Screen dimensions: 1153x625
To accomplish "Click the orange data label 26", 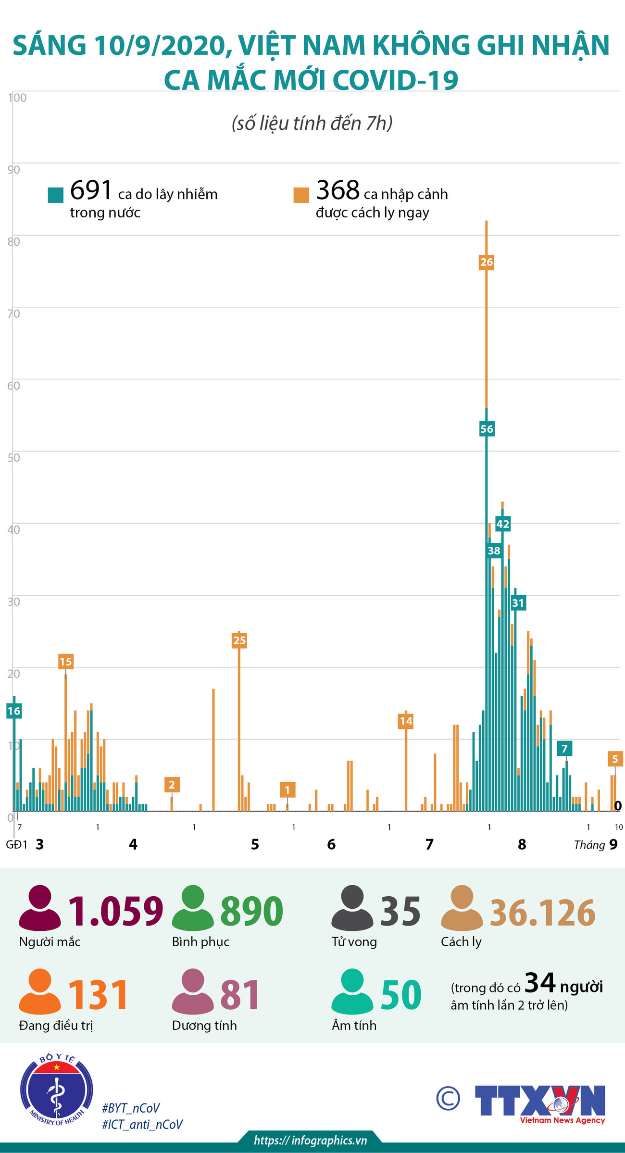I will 487,262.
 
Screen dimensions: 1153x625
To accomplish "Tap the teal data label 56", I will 487,429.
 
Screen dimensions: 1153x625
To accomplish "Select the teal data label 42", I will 503,524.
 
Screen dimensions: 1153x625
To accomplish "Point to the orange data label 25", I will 239,640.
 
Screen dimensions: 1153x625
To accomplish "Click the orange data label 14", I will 406,721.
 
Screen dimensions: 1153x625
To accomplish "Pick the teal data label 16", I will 14,711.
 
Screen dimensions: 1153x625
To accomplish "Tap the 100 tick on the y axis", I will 17,98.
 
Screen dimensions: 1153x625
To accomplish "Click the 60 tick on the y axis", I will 14,386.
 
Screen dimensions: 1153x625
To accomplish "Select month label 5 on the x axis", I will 255,844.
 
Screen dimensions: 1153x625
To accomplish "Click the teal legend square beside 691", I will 56,195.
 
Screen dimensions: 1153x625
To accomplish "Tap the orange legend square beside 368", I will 301,195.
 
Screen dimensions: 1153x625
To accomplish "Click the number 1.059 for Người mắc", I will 115,911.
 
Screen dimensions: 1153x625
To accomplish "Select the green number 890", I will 252,911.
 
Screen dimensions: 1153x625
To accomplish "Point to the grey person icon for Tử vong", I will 352,907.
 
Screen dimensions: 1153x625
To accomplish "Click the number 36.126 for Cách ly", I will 542,912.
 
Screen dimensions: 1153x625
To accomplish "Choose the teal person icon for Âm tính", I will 352,991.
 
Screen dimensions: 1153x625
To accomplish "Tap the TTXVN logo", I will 540,1101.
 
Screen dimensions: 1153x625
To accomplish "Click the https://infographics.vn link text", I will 311,1140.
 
